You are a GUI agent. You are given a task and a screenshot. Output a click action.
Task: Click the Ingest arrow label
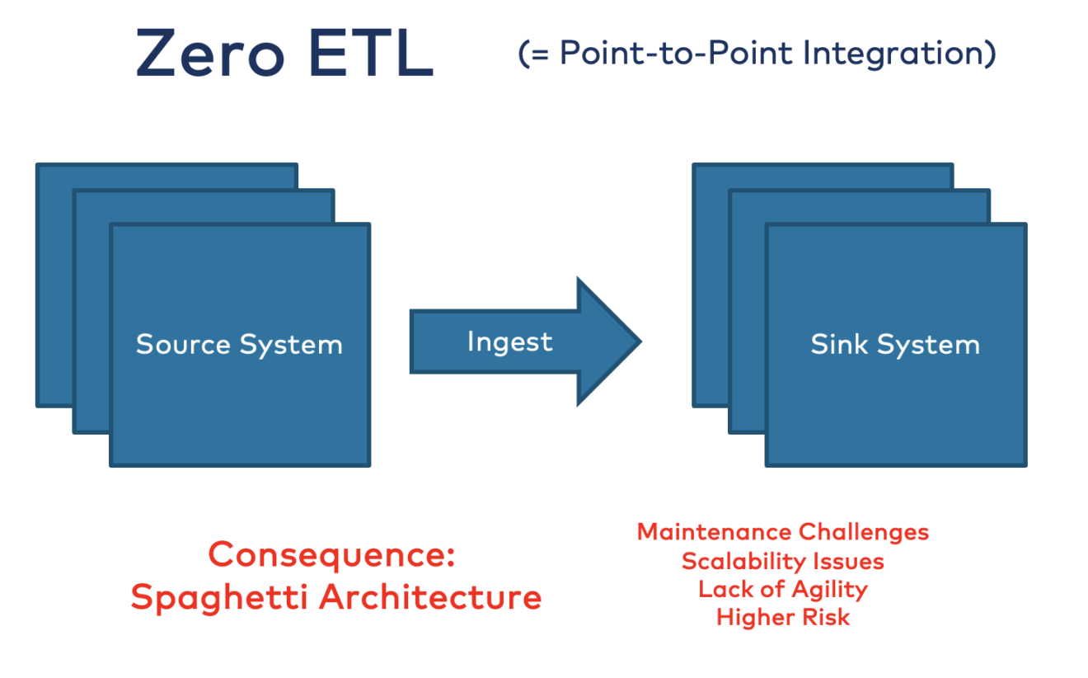pyautogui.click(x=509, y=341)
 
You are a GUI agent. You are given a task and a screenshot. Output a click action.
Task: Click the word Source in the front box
pyautogui.click(x=183, y=344)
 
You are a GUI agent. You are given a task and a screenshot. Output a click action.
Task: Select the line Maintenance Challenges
pyautogui.click(x=782, y=532)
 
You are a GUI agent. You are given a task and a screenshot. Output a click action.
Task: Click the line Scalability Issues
pyautogui.click(x=782, y=562)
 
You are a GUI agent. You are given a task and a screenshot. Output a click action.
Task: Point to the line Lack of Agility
pyautogui.click(x=782, y=589)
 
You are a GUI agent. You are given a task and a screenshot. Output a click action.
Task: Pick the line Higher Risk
pyautogui.click(x=782, y=617)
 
